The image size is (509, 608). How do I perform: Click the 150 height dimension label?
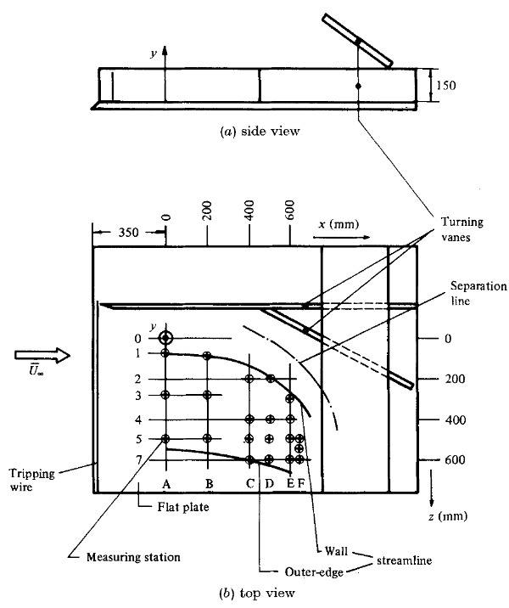pos(446,85)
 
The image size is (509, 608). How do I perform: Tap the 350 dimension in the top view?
pos(128,233)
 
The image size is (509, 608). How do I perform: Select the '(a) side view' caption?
pos(260,132)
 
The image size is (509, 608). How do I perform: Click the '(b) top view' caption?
pos(257,593)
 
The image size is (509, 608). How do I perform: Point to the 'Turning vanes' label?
pos(461,229)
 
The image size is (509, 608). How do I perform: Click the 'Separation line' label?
pos(478,293)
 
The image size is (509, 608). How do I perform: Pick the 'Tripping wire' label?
pos(31,480)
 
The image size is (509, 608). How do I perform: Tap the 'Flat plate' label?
pos(183,507)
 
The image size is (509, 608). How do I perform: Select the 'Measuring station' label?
pos(133,557)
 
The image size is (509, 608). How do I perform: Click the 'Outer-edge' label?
pos(314,572)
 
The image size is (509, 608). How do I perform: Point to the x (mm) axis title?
pos(338,224)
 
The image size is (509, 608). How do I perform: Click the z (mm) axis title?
pos(448,516)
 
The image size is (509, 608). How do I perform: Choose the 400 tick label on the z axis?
pos(456,420)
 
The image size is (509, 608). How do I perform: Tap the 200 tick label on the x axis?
pos(207,210)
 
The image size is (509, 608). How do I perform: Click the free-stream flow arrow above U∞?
pos(42,355)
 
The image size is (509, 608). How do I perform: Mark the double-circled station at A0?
pos(165,338)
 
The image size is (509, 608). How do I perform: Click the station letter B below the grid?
pos(209,483)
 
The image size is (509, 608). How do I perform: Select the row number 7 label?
pos(138,460)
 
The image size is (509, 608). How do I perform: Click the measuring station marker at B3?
pos(207,395)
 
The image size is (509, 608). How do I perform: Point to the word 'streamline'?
pos(404,560)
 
